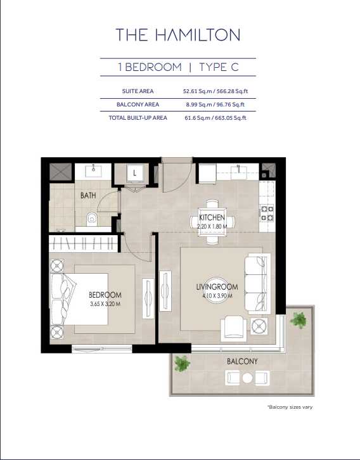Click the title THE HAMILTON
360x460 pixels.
coord(178,35)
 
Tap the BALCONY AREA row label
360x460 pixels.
coord(138,105)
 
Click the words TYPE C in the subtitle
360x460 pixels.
coord(219,67)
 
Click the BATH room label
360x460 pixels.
coord(88,195)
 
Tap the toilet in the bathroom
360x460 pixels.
coord(91,219)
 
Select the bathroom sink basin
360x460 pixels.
coord(93,171)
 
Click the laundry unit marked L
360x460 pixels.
coord(134,173)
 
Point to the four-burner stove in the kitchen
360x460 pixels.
coord(267,214)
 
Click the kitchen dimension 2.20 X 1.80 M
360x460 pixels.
coord(212,226)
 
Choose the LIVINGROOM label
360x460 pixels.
coord(217,287)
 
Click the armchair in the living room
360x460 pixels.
coord(233,329)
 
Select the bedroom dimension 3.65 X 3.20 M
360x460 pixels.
coord(105,304)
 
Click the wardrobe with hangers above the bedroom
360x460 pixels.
coord(83,243)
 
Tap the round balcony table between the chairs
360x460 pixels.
coord(247,378)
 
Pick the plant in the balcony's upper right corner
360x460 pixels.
coord(299,320)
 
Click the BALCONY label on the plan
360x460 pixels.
coord(242,361)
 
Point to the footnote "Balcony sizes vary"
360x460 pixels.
coord(290,407)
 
